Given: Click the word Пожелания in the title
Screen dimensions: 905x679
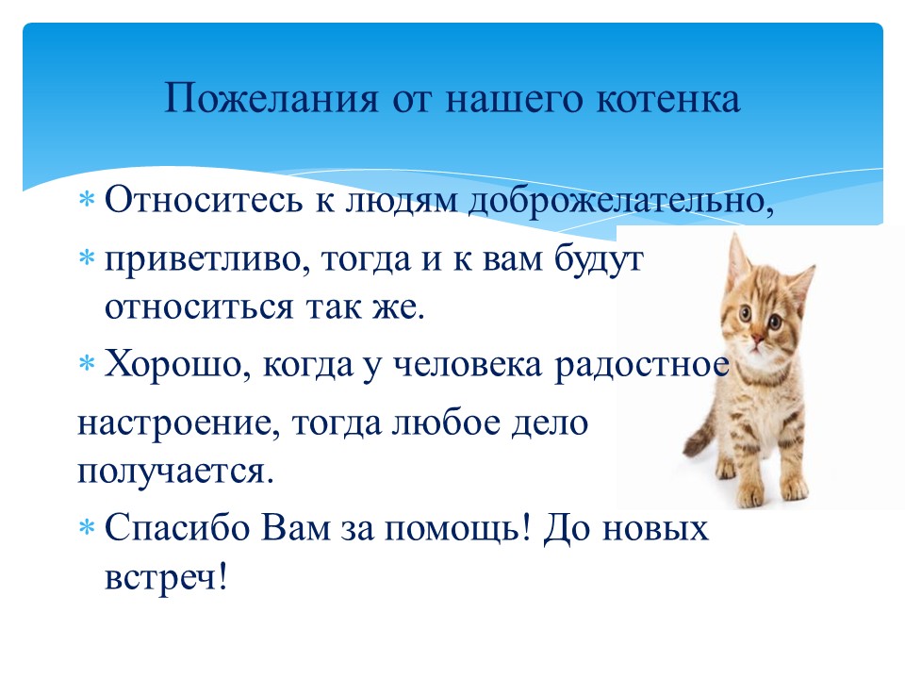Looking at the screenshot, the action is tap(271, 98).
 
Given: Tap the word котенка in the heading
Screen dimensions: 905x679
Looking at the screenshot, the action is tap(667, 98).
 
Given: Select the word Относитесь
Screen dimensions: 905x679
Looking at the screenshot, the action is tap(204, 200).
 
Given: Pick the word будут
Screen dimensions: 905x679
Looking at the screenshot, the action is tap(599, 258).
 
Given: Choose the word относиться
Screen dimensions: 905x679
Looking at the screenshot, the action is tap(199, 306).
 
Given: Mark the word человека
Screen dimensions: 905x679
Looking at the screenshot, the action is tap(468, 365).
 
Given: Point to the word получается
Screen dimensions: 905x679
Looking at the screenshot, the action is tap(175, 471).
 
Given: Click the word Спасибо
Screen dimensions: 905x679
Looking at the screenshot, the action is tap(176, 527).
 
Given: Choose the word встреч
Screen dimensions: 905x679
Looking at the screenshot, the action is tap(166, 577).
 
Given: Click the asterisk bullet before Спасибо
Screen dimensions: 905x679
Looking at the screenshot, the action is tap(87, 527).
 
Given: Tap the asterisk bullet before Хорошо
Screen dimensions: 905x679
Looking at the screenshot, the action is tap(87, 364).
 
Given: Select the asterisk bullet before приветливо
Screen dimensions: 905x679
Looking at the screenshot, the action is tap(87, 257).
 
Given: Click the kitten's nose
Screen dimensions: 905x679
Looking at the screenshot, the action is tap(756, 338).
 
